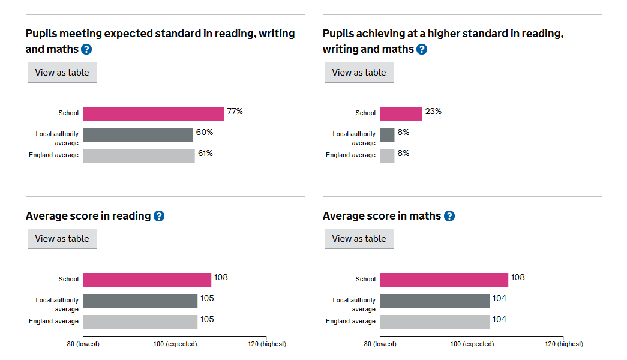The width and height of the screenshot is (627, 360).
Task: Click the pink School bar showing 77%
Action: point(154,114)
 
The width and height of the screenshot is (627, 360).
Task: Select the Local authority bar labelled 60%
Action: point(138,135)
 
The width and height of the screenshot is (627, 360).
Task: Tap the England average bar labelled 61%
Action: point(139,156)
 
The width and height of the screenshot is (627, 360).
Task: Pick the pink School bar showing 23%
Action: point(401,114)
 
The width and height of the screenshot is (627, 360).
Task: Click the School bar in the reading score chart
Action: point(147,280)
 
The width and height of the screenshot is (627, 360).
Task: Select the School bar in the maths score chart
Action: point(444,280)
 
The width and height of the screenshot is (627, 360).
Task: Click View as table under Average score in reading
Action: point(62,239)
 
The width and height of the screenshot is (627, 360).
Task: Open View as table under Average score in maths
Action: point(359,239)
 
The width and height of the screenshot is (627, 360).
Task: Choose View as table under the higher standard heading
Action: point(359,73)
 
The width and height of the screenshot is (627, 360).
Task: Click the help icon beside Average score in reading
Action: point(159,216)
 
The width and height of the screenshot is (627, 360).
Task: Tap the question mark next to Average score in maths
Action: point(449,216)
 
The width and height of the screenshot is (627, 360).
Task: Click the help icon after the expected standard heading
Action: point(86,49)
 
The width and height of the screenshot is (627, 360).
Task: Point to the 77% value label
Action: point(235,112)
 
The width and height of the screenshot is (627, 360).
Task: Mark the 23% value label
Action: point(433,112)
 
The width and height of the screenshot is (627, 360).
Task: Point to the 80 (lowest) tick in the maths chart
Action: point(380,344)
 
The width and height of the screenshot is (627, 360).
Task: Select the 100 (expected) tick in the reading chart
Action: point(175,344)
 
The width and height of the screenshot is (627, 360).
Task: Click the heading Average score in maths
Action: point(382,216)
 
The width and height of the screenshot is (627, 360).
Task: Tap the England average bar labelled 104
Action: point(435,322)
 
